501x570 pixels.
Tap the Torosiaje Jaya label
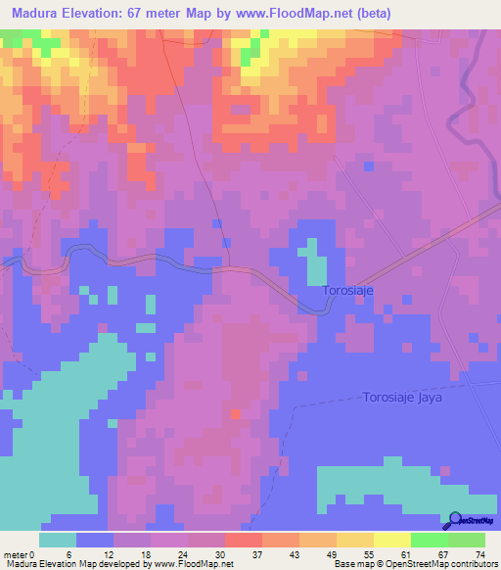(x=404, y=398)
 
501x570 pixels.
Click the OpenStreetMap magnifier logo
(x=455, y=520)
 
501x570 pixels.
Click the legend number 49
(x=336, y=553)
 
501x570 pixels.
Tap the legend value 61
(x=410, y=553)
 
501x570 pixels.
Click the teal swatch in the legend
(x=58, y=540)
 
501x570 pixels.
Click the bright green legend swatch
(x=429, y=540)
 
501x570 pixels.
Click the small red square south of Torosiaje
(x=233, y=414)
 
